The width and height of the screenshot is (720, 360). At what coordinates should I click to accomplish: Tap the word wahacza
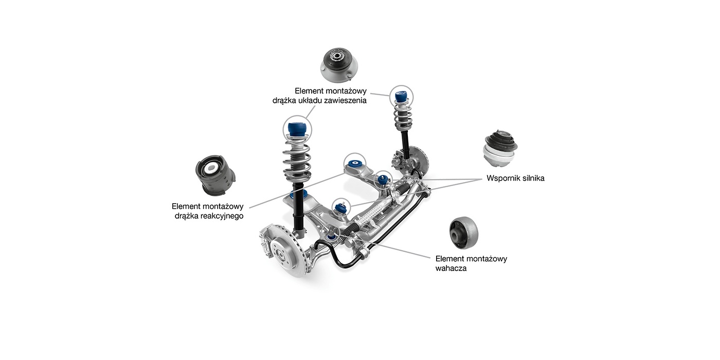coord(451,268)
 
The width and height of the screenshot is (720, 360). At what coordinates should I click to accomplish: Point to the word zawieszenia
coord(344,101)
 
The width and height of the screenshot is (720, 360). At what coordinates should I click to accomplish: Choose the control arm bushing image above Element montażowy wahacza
coord(463,232)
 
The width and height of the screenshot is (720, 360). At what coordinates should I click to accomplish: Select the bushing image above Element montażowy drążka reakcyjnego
coord(215,175)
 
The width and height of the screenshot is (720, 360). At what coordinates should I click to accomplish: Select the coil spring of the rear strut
coord(402,118)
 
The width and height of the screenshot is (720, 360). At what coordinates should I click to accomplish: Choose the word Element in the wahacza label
coord(449,259)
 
